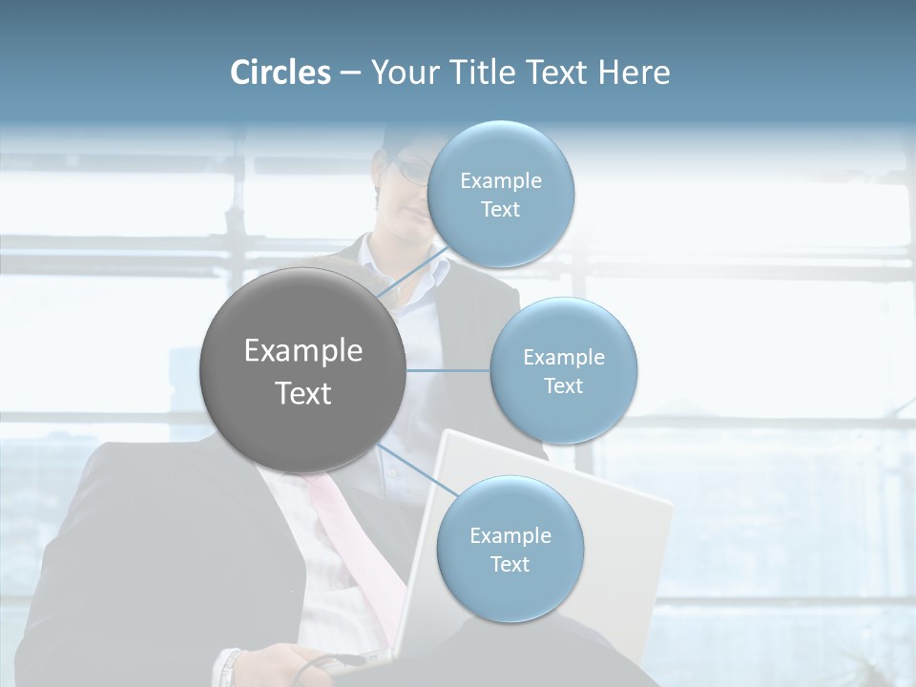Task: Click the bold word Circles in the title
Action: pyautogui.click(x=280, y=73)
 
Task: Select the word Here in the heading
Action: pyautogui.click(x=635, y=73)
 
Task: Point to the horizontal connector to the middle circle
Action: pyautogui.click(x=448, y=370)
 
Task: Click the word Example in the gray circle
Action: pyautogui.click(x=303, y=351)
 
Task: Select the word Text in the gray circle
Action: pyautogui.click(x=303, y=393)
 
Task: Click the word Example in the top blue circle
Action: pyautogui.click(x=501, y=181)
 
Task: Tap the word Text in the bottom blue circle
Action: pyautogui.click(x=510, y=565)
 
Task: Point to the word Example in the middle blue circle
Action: pyautogui.click(x=564, y=358)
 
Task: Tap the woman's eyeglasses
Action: pyautogui.click(x=412, y=173)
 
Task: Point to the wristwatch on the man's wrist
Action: pyautogui.click(x=229, y=668)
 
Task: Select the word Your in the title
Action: pyautogui.click(x=402, y=73)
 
